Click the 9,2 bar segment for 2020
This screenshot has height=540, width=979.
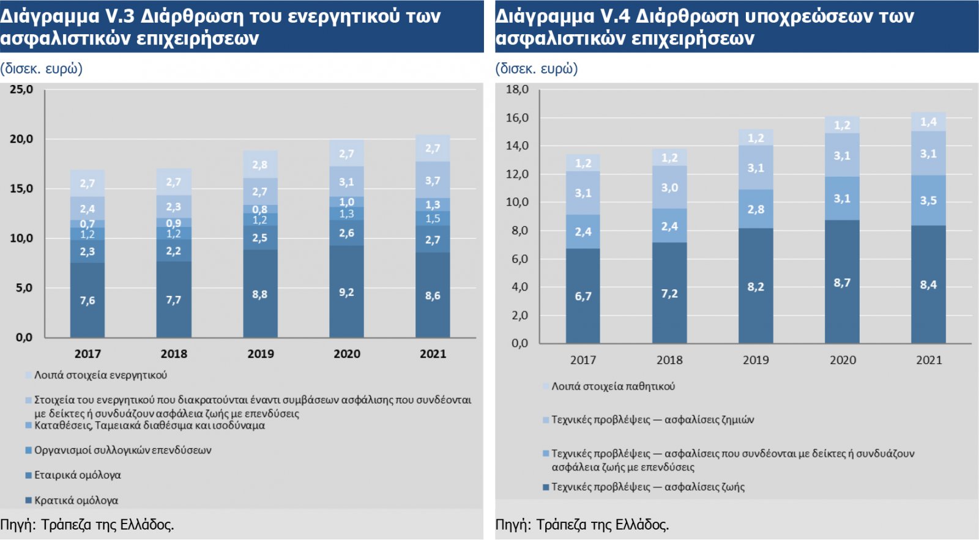point(346,292)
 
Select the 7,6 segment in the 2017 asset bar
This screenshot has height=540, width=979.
point(87,300)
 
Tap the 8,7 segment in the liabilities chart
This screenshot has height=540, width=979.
point(842,283)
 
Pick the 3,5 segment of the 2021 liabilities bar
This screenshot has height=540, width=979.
point(928,201)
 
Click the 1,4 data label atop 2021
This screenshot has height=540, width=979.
point(928,122)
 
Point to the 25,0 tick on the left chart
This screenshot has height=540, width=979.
point(21,89)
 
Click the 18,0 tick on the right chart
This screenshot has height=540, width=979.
point(517,89)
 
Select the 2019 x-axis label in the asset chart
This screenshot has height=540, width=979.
point(260,353)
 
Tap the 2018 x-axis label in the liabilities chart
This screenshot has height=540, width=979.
point(669,360)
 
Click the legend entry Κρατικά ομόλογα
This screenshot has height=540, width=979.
point(76,500)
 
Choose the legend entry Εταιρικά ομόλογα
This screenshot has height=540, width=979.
point(77,475)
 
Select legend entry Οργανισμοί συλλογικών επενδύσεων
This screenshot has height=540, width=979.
point(122,450)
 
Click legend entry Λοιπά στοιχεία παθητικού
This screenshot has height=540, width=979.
point(613,387)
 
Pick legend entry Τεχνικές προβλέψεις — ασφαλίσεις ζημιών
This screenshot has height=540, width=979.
point(652,420)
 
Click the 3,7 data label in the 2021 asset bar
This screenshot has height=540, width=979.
point(433,180)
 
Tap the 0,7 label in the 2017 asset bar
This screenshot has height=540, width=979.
point(87,224)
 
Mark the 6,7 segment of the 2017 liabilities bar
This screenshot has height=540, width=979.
point(583,296)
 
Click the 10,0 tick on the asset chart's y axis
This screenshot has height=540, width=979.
point(21,238)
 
